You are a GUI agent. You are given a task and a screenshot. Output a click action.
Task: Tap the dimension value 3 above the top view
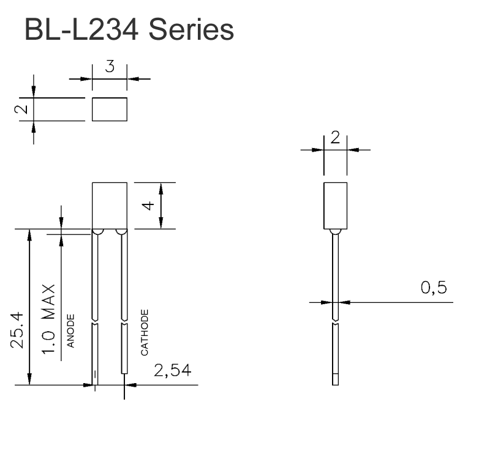[x=110, y=67]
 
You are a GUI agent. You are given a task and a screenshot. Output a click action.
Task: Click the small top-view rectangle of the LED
[x=110, y=109]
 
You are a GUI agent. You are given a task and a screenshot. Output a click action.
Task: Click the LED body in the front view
[x=110, y=205]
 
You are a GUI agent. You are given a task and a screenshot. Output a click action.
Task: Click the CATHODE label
[x=145, y=332]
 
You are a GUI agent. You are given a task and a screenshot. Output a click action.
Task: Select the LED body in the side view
[x=335, y=205]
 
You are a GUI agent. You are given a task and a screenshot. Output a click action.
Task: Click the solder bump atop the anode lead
[x=97, y=232]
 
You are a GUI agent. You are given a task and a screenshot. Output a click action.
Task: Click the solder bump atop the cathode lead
[x=121, y=232]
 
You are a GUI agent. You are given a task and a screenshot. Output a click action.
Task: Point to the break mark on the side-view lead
[x=335, y=323]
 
